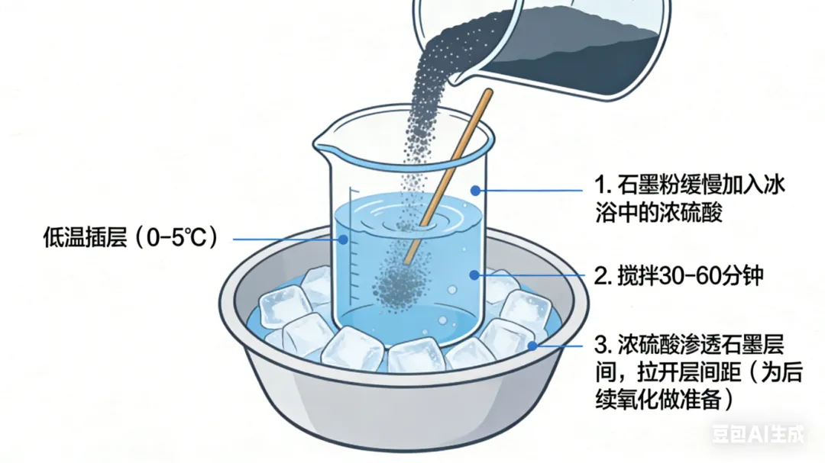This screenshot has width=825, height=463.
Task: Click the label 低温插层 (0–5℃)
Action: [x=130, y=237]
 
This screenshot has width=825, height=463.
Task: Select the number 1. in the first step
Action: [x=603, y=185]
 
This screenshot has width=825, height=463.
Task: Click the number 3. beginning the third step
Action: [x=603, y=346]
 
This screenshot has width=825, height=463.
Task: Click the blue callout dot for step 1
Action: [x=475, y=190]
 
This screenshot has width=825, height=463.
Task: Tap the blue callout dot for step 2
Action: [x=474, y=275]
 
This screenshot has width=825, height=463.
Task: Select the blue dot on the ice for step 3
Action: [x=532, y=346]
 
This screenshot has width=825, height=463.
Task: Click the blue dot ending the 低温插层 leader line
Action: [x=343, y=240]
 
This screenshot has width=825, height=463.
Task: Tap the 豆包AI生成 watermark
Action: [x=759, y=433]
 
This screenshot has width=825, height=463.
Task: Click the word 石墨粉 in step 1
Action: [x=649, y=185]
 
